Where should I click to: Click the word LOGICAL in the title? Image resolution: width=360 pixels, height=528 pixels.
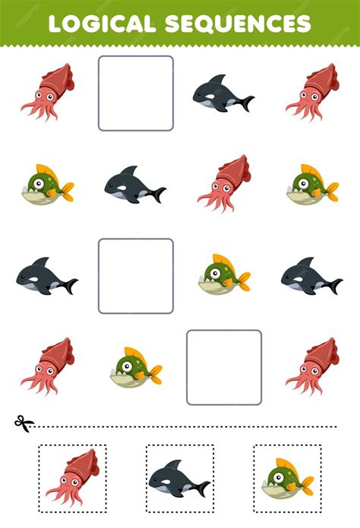point(102,24)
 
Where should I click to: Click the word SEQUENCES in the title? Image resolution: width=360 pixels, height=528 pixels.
point(238,24)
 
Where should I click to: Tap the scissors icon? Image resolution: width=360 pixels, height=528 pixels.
point(24,423)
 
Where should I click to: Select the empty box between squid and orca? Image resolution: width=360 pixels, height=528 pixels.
point(136,93)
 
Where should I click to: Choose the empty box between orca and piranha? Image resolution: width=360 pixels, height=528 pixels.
point(136,276)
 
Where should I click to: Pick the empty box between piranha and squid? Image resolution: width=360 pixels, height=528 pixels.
point(224,368)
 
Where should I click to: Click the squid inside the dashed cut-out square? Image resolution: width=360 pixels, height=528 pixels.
point(73,478)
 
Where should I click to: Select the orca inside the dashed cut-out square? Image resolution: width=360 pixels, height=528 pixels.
point(179,478)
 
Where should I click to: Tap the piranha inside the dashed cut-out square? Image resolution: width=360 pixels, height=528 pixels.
point(288,478)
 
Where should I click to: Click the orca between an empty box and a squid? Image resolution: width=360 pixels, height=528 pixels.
point(223,93)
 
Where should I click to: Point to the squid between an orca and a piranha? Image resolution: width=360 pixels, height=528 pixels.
point(224,184)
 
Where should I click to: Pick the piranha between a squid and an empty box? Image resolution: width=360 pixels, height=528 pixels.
point(136,367)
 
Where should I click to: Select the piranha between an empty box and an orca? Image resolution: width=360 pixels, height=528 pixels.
point(224,273)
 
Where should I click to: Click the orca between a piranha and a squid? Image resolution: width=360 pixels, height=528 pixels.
point(135,185)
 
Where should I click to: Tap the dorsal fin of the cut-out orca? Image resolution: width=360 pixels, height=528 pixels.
point(175,465)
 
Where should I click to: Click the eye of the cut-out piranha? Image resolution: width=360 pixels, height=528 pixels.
point(279,477)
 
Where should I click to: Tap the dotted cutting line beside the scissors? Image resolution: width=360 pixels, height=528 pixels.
point(185,427)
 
